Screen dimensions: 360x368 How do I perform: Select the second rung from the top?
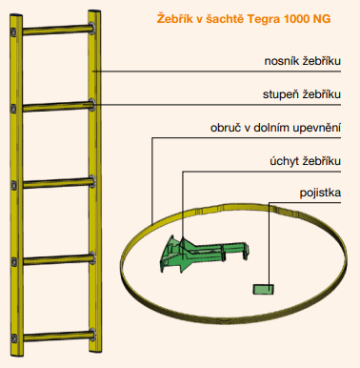pyautogui.click(x=53, y=104)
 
